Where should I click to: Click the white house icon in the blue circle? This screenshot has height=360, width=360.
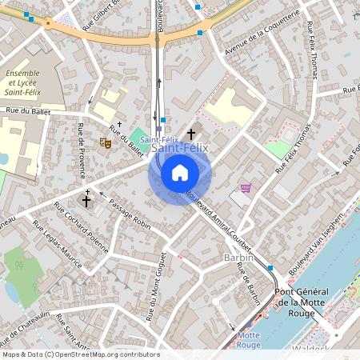pyautogui.click(x=179, y=173)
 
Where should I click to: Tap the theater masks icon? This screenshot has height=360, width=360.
pyautogui.click(x=105, y=142)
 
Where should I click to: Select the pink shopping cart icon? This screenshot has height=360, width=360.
pyautogui.click(x=245, y=188)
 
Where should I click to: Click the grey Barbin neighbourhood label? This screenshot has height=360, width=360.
pyautogui.click(x=238, y=258)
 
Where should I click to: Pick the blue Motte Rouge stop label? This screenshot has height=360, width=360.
pyautogui.click(x=249, y=340)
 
